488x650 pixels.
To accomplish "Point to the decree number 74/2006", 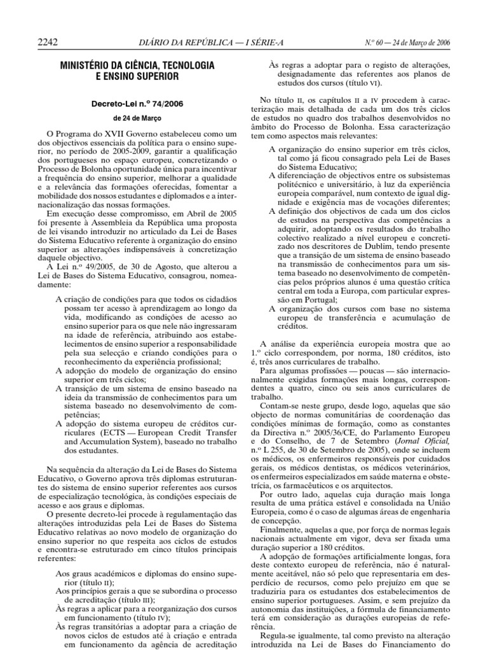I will click(x=164, y=102).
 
